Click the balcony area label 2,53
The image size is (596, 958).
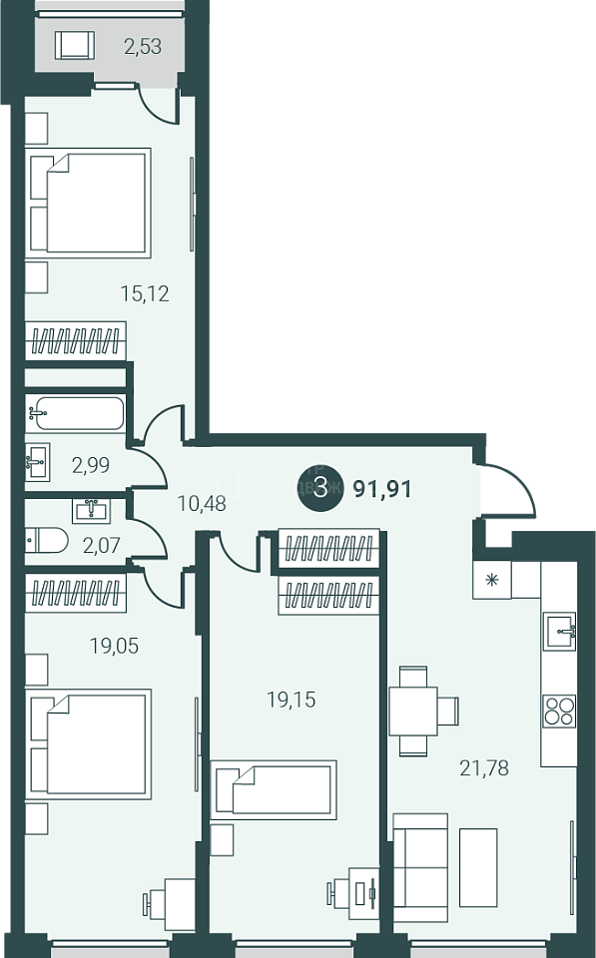(x=143, y=47)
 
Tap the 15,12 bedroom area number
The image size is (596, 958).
(x=145, y=293)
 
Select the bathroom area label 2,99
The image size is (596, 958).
(x=91, y=466)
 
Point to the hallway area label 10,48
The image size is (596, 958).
(x=202, y=503)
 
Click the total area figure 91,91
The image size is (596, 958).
(x=382, y=489)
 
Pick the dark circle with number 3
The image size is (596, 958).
(x=320, y=488)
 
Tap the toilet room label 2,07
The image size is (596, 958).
(x=102, y=544)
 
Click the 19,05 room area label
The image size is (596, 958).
(x=115, y=646)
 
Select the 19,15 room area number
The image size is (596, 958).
(x=291, y=699)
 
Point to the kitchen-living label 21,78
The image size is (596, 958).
(x=484, y=767)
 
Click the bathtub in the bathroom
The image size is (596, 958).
(x=75, y=413)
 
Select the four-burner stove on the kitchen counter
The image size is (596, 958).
(x=559, y=710)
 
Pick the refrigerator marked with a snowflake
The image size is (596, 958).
(x=491, y=579)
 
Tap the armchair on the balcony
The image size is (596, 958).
(x=75, y=45)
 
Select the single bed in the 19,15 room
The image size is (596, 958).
(x=274, y=789)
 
